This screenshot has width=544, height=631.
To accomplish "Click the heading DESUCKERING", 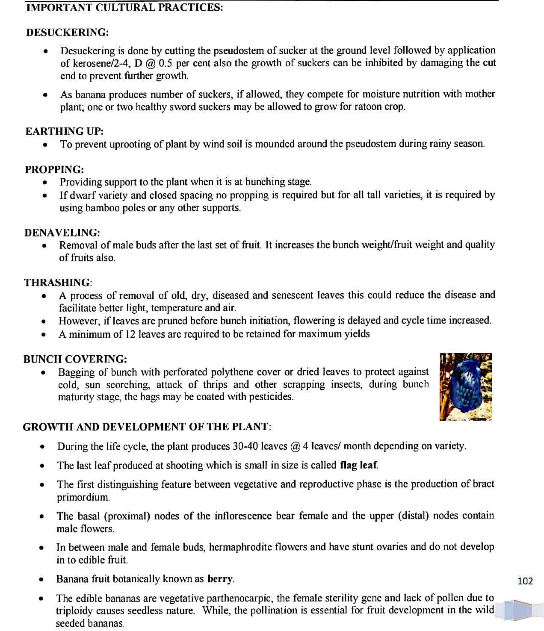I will click(x=67, y=32).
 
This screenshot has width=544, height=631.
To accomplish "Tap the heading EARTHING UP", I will click(x=64, y=131).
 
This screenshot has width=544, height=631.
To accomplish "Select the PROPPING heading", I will click(x=54, y=169).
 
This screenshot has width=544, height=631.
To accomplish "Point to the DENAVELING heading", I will click(x=62, y=233).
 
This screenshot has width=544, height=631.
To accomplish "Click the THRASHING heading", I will click(x=58, y=283).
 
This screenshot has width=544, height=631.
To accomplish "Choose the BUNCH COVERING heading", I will click(x=75, y=359).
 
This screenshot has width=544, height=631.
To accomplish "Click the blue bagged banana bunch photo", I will click(x=465, y=386).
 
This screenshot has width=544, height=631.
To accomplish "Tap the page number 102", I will click(x=525, y=581).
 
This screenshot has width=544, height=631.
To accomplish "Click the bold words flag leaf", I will click(x=358, y=465).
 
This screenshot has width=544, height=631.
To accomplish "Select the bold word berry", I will click(x=220, y=579).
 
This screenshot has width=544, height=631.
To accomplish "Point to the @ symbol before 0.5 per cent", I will click(x=150, y=63).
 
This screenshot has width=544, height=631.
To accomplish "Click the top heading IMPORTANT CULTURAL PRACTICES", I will click(x=124, y=8).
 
